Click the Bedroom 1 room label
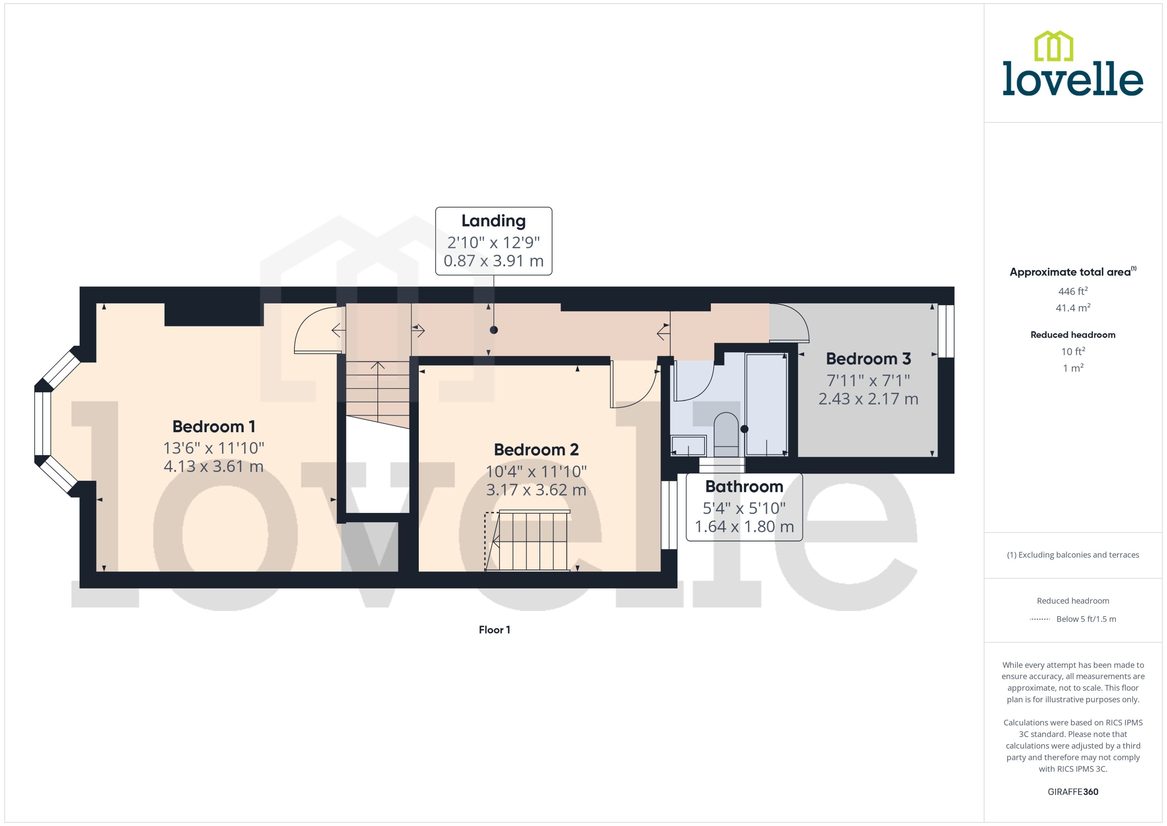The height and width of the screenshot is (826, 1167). [x=214, y=426]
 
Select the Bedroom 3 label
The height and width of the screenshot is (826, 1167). [x=868, y=358]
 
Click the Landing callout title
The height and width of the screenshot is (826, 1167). [x=493, y=221]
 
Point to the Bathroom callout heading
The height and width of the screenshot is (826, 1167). [x=744, y=486]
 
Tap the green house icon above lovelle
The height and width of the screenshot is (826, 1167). [x=1054, y=46]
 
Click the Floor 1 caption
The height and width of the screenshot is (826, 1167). [x=494, y=630]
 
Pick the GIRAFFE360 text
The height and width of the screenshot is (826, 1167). [x=1072, y=791]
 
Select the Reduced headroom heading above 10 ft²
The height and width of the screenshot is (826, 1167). [x=1072, y=335]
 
